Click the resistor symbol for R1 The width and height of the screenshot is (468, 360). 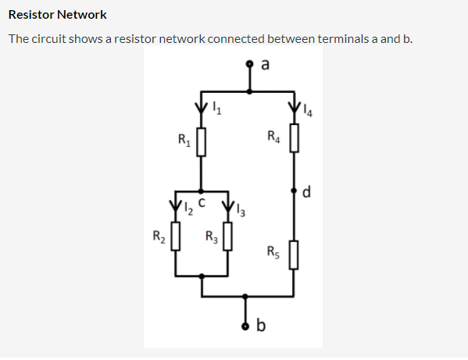pos(202,143)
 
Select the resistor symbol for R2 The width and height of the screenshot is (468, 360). pos(177,235)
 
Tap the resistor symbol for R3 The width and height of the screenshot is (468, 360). pos(227,236)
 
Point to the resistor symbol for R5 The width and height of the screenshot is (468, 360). pos(294,254)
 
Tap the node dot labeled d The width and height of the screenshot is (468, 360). pos(294,190)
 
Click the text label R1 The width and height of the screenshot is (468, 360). pos(184,141)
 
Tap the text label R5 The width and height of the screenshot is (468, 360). pos(272,251)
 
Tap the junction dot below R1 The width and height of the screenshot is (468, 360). pos(202,190)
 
